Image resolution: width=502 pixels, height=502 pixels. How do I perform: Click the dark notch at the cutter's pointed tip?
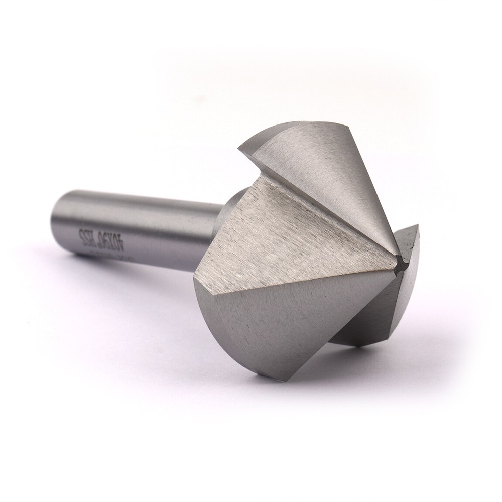(x=400, y=263)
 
